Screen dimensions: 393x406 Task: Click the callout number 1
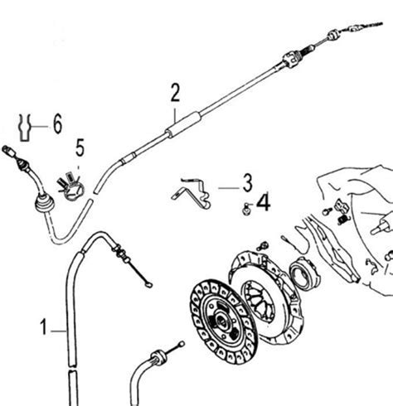[x=43, y=327]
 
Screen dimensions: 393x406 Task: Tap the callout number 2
[x=175, y=93]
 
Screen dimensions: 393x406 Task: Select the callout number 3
[x=247, y=183]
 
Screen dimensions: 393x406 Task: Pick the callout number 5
[x=80, y=147]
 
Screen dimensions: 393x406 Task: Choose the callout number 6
[x=57, y=123]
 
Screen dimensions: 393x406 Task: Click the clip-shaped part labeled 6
[x=24, y=128]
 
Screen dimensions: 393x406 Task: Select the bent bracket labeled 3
[x=192, y=193]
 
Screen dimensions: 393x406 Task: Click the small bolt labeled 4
[x=245, y=210]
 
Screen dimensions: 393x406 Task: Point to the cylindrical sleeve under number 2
[x=183, y=124]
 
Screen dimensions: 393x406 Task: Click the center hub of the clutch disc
[x=222, y=321]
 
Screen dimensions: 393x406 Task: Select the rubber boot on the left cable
[x=43, y=205]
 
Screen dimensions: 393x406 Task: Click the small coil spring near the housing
[x=343, y=220]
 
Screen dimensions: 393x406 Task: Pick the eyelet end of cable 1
[x=149, y=285]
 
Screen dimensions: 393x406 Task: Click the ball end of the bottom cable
[x=182, y=344]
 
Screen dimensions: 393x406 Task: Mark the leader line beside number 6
[x=40, y=127]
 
